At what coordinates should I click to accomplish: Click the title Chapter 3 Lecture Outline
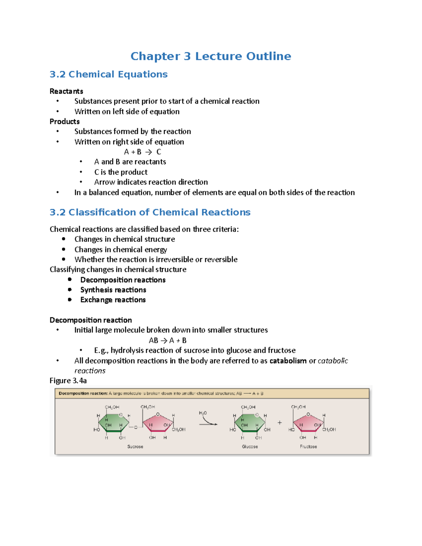click(211, 56)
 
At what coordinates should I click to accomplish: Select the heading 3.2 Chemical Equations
click(108, 75)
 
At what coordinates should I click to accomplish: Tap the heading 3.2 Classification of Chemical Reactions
click(150, 212)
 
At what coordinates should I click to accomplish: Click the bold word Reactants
click(66, 91)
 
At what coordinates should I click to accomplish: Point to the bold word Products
click(64, 122)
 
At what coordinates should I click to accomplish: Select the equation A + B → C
click(142, 152)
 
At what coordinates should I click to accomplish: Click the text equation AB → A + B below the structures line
click(167, 340)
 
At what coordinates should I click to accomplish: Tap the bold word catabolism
click(288, 361)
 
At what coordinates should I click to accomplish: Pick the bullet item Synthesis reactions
click(113, 290)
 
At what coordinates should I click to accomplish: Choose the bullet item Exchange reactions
click(113, 300)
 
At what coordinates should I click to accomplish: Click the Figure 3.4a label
click(68, 381)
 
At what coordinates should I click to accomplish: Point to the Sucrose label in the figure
click(135, 447)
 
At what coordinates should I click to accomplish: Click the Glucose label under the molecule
click(250, 447)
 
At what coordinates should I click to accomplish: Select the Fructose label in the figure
click(308, 447)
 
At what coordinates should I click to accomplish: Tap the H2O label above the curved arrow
click(203, 413)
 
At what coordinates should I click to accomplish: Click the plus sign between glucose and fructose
click(280, 423)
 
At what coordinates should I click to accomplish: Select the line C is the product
click(121, 172)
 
